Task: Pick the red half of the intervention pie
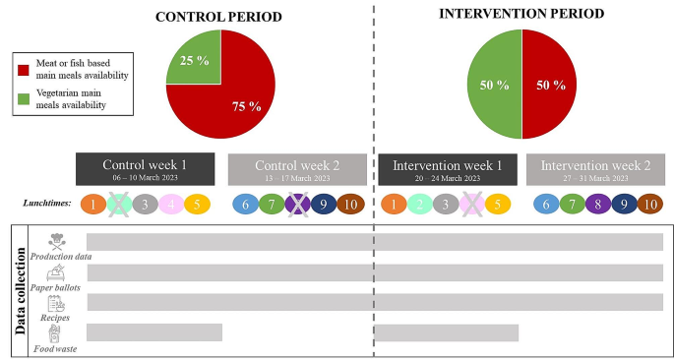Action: (548, 85)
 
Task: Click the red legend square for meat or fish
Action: (22, 68)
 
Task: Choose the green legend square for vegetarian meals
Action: (22, 97)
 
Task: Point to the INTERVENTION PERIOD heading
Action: (521, 14)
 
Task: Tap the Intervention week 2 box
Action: (595, 168)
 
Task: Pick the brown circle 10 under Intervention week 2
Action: (650, 204)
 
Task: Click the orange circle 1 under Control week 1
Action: (92, 204)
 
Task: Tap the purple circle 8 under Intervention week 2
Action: (597, 204)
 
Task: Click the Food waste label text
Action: (55, 348)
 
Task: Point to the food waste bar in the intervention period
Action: (446, 332)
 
